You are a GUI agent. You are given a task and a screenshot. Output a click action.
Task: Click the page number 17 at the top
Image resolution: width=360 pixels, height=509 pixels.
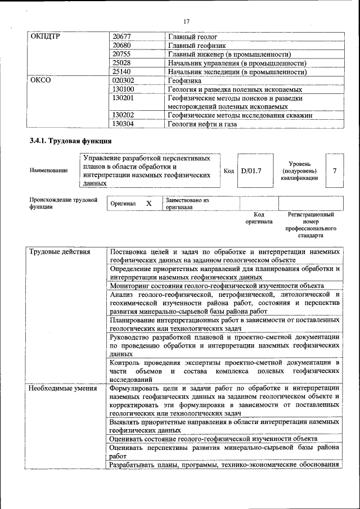coord(187,21)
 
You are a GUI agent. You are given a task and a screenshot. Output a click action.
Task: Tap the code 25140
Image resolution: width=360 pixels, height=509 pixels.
coord(121,72)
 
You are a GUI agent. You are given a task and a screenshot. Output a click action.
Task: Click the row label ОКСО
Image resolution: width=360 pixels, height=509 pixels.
coord(40,80)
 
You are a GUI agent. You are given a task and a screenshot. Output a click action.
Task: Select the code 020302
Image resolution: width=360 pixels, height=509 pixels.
coord(123,80)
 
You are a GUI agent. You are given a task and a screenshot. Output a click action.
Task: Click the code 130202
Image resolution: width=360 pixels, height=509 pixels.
coord(123,115)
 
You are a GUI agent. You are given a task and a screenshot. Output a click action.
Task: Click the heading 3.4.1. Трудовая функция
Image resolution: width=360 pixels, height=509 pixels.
coord(70,141)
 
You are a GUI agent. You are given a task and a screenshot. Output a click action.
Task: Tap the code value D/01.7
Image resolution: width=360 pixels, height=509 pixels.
coord(251,170)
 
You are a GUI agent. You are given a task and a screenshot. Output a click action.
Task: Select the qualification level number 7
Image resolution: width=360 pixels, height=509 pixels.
coord(335,170)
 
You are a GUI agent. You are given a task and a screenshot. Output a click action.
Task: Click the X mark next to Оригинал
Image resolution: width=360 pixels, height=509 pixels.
coord(148,204)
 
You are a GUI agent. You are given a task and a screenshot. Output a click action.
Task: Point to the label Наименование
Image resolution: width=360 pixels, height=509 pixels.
coord(49,170)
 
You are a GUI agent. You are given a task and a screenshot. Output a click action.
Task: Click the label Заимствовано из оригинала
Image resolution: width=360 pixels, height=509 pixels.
coord(187,204)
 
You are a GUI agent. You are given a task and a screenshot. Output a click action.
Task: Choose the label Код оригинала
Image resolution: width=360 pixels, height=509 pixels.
coord(259,218)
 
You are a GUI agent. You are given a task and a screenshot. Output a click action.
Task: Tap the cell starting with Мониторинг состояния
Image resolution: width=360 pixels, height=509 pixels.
coord(217,286)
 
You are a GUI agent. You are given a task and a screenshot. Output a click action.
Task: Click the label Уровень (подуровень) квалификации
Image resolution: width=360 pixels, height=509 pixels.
coord(299,170)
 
